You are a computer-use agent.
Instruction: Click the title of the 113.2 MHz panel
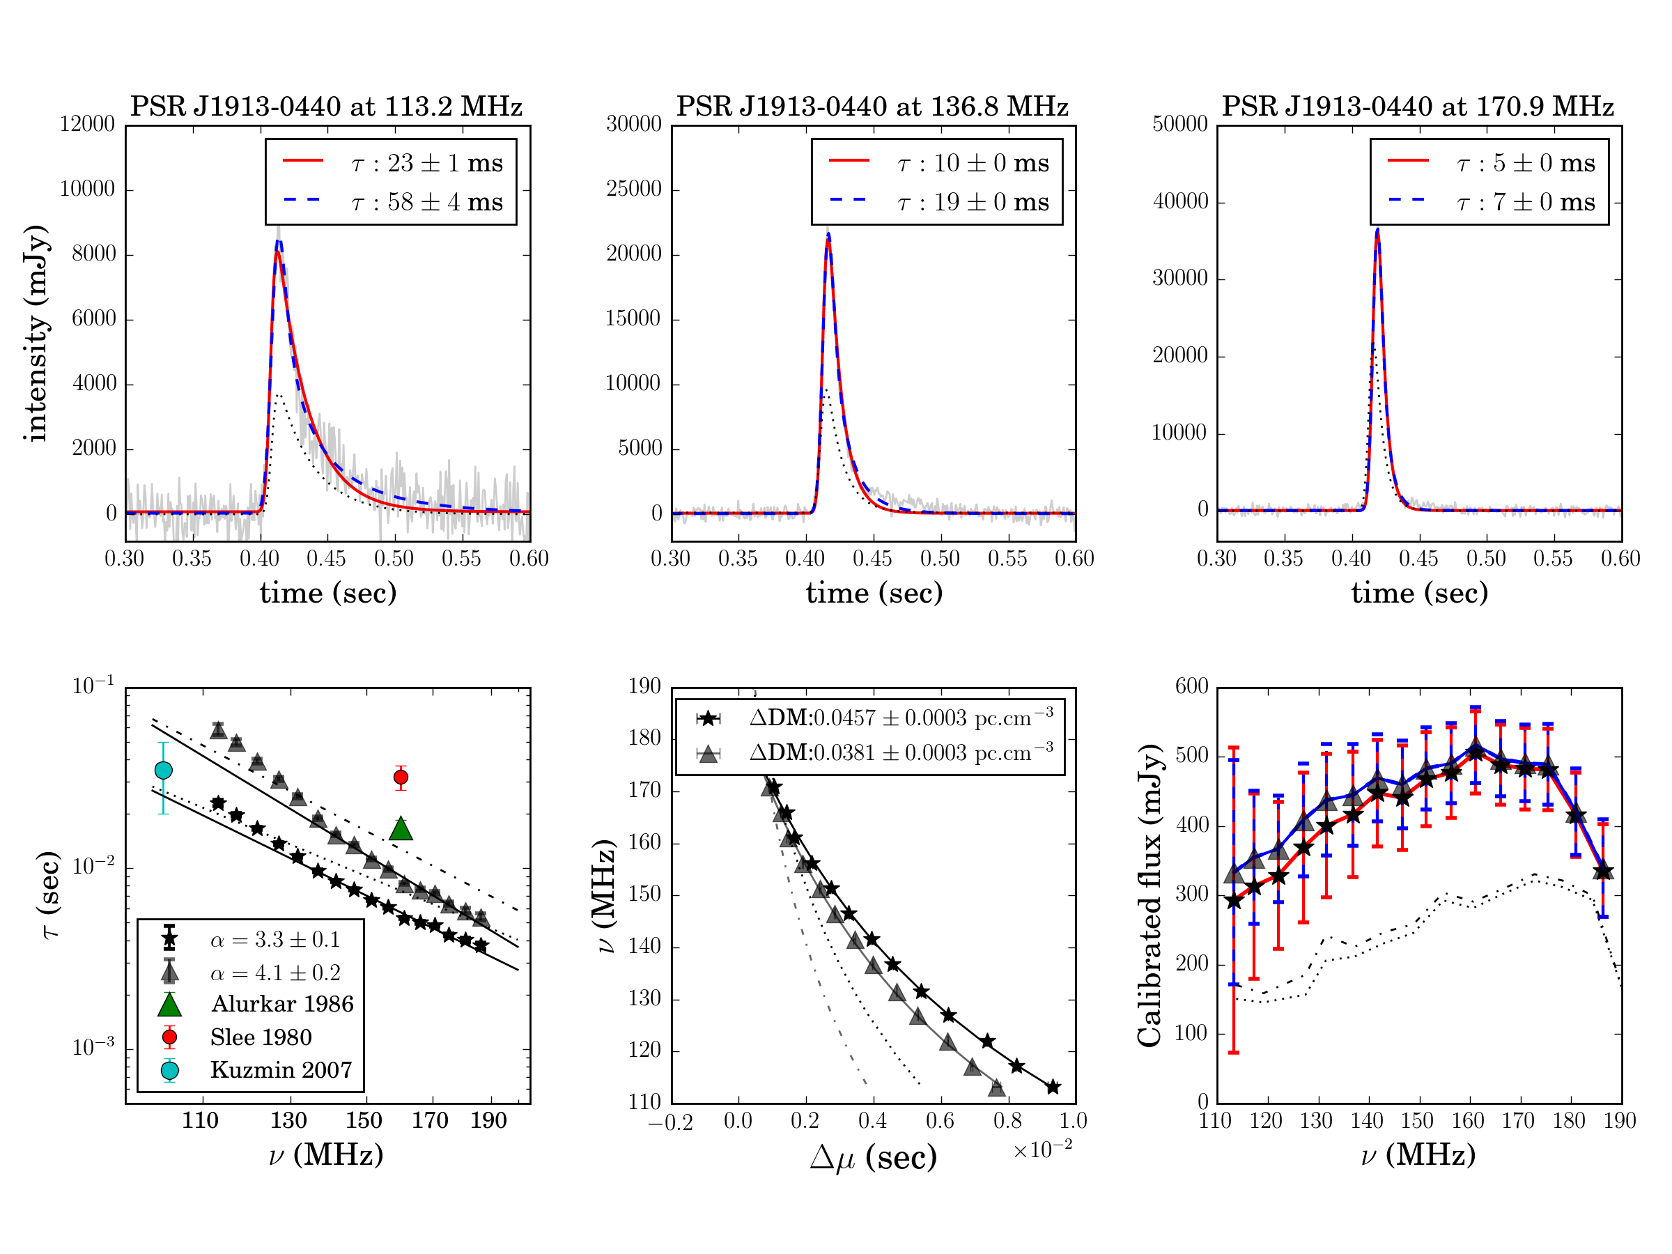[326, 107]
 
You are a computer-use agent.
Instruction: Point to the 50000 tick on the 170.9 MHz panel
[1179, 125]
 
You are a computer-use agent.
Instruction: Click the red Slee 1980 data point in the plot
[401, 777]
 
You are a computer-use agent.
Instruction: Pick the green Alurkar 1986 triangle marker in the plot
[401, 829]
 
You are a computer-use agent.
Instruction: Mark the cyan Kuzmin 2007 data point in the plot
[163, 771]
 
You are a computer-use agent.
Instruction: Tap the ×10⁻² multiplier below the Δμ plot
[1042, 1149]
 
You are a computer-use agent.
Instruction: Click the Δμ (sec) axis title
[873, 1157]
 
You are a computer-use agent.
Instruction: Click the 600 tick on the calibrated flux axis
[1191, 686]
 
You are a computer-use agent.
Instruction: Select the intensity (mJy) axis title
[36, 332]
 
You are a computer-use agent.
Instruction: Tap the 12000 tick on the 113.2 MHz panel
[87, 125]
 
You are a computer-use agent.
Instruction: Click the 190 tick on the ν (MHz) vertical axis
[644, 686]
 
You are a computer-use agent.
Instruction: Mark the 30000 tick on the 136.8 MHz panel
[633, 125]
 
